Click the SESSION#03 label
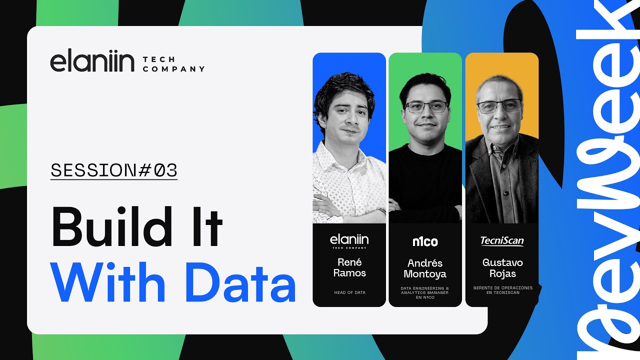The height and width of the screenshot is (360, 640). click(114, 170)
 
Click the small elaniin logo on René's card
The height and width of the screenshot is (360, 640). click(349, 241)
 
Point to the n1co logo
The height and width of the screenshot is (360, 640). click(425, 242)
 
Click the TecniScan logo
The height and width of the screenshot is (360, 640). click(501, 241)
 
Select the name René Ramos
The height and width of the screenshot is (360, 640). click(349, 267)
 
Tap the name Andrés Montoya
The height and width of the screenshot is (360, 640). click(425, 268)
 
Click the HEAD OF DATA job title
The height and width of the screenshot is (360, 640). click(349, 292)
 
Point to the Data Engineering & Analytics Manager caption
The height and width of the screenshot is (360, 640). click(425, 292)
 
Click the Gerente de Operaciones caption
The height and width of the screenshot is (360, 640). click(502, 290)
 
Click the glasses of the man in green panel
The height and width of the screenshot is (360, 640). click(426, 106)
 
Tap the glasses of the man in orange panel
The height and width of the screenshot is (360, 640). click(499, 106)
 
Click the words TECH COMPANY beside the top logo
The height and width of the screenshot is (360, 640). click(173, 64)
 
